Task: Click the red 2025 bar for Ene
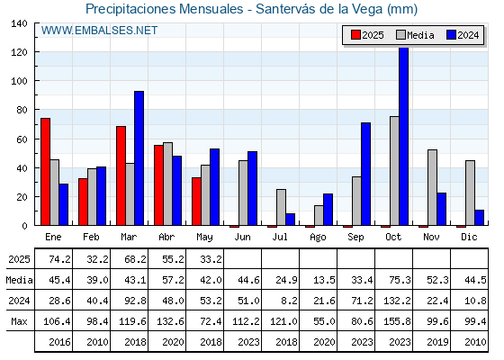45,172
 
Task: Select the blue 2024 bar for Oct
404,136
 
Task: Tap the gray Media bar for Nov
432,187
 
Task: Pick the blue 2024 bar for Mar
139,158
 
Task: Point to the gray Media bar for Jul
281,207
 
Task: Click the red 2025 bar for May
196,202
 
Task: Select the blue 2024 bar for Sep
365,174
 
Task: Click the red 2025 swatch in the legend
355,35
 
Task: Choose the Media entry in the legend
415,35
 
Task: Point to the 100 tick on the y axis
36,80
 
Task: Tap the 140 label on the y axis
19,23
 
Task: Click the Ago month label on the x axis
318,238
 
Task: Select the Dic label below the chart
469,237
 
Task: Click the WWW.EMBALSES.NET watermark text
99,31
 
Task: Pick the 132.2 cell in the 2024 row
397,301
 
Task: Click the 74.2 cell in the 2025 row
59,259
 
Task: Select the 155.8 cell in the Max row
397,321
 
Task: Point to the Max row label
19,321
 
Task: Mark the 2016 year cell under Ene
59,342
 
